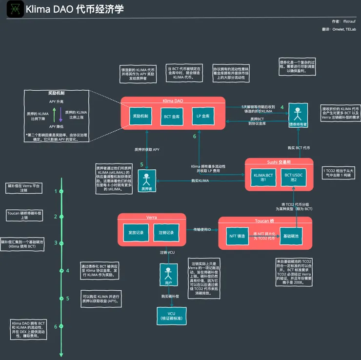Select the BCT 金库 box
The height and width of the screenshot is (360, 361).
pyautogui.click(x=172, y=117)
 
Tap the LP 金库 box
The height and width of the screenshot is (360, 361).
pyautogui.click(x=202, y=117)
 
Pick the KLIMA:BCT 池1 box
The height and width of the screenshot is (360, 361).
pyautogui.click(x=262, y=177)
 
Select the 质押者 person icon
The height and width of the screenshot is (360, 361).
pyautogui.click(x=145, y=180)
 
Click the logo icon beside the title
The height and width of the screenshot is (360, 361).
pyautogui.click(x=12, y=9)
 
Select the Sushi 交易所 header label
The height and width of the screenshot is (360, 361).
pyautogui.click(x=278, y=161)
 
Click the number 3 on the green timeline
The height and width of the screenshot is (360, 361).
pyautogui.click(x=56, y=242)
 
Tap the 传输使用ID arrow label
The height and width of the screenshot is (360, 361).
pyautogui.click(x=202, y=229)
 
